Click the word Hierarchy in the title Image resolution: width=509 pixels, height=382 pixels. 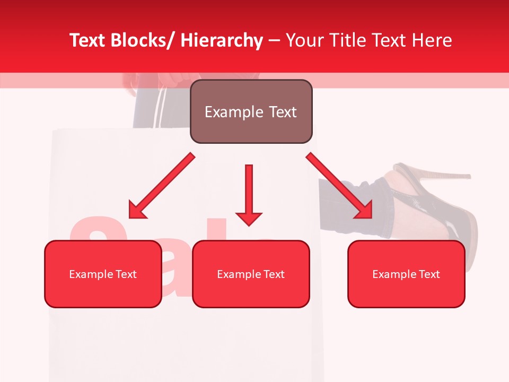tap(222, 41)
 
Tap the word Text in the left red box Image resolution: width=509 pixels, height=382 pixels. tap(127, 274)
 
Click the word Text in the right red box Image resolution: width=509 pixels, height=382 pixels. tap(430, 274)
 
